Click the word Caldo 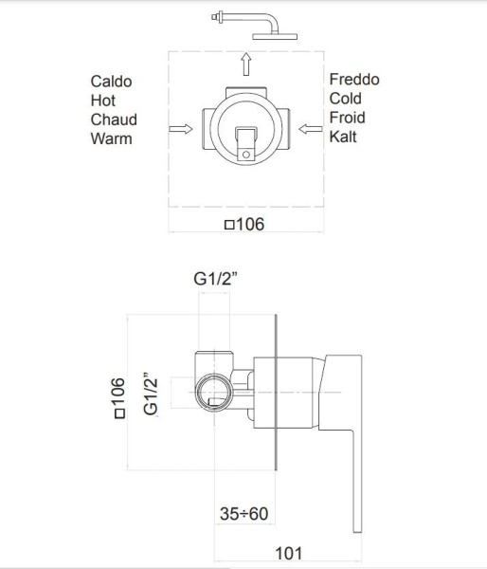(x=111, y=82)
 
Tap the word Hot (x=103, y=101)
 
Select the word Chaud (x=114, y=119)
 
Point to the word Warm (x=111, y=139)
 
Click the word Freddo (x=354, y=80)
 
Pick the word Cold (x=346, y=99)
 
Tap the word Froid (x=347, y=118)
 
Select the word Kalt (x=343, y=137)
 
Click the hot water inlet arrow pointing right (x=181, y=129)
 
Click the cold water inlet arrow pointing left (x=311, y=129)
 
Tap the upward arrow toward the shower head (x=246, y=64)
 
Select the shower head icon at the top (x=255, y=26)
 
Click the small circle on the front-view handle (x=246, y=155)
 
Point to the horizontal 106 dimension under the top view (x=244, y=224)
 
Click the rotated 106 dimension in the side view (x=119, y=398)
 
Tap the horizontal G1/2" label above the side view (x=215, y=279)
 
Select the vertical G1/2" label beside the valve (x=151, y=394)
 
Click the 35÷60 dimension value (x=243, y=514)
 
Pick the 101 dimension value (x=289, y=554)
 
